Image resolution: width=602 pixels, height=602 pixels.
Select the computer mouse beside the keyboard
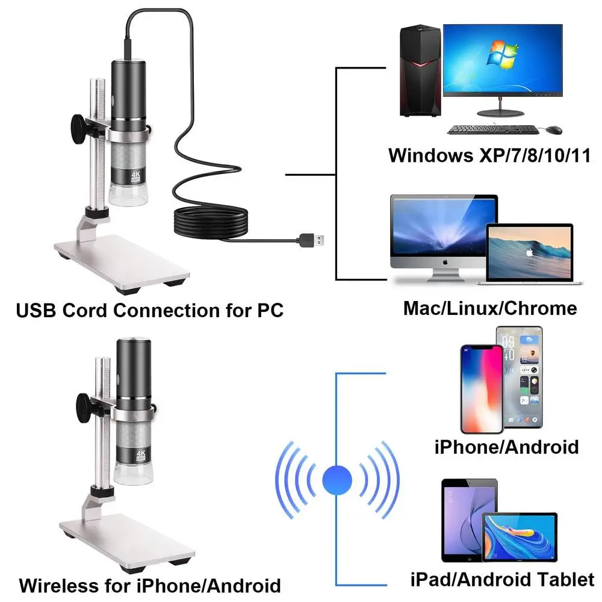tap(554, 129)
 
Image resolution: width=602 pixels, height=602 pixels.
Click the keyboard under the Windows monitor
tap(492, 129)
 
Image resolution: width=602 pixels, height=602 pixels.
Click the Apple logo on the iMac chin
tap(443, 263)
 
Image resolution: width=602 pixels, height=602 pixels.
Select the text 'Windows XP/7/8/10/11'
tap(488, 156)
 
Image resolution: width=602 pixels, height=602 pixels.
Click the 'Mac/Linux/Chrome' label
tap(489, 309)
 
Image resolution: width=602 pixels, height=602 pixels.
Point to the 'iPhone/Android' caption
tap(506, 447)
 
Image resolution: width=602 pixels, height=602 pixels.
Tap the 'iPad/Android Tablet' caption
tap(501, 580)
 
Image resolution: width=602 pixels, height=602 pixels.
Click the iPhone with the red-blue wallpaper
tap(481, 388)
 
